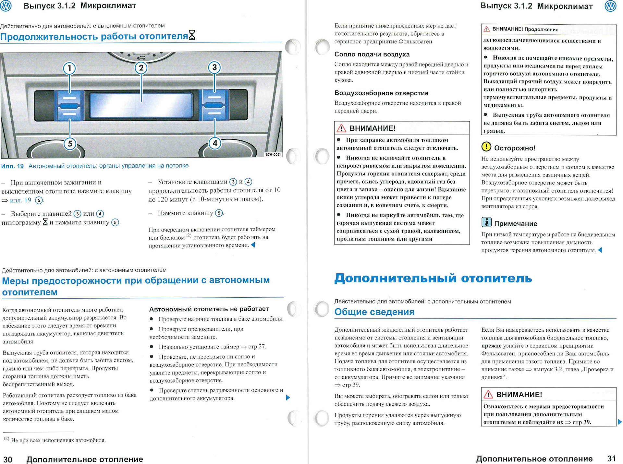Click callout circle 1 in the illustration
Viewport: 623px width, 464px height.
pyautogui.click(x=69, y=68)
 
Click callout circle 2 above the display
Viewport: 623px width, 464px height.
pyautogui.click(x=141, y=68)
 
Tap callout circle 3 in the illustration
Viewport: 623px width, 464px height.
pyautogui.click(x=214, y=67)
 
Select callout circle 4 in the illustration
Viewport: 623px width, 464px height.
pyautogui.click(x=215, y=143)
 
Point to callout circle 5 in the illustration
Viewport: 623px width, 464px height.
pyautogui.click(x=70, y=144)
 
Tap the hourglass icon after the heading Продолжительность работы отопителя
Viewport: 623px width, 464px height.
pyautogui.click(x=192, y=35)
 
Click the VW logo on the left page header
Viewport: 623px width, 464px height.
pyautogui.click(x=6, y=6)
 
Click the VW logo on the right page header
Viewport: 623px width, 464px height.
pyautogui.click(x=610, y=6)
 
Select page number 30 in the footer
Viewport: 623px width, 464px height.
pyautogui.click(x=8, y=459)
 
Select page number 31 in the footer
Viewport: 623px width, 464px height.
pyautogui.click(x=611, y=458)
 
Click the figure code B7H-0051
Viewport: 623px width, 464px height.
pyautogui.click(x=273, y=155)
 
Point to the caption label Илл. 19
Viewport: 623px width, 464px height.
pyautogui.click(x=12, y=166)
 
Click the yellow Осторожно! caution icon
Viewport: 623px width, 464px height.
pyautogui.click(x=486, y=147)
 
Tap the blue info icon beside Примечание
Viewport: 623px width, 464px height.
pyautogui.click(x=486, y=222)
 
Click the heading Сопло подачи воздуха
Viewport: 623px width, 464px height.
pyautogui.click(x=372, y=54)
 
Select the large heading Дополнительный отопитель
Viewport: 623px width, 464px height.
pyautogui.click(x=433, y=278)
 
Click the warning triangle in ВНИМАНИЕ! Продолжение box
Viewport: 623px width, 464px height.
pyautogui.click(x=487, y=29)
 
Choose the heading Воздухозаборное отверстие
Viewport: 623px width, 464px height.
pyautogui.click(x=381, y=93)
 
